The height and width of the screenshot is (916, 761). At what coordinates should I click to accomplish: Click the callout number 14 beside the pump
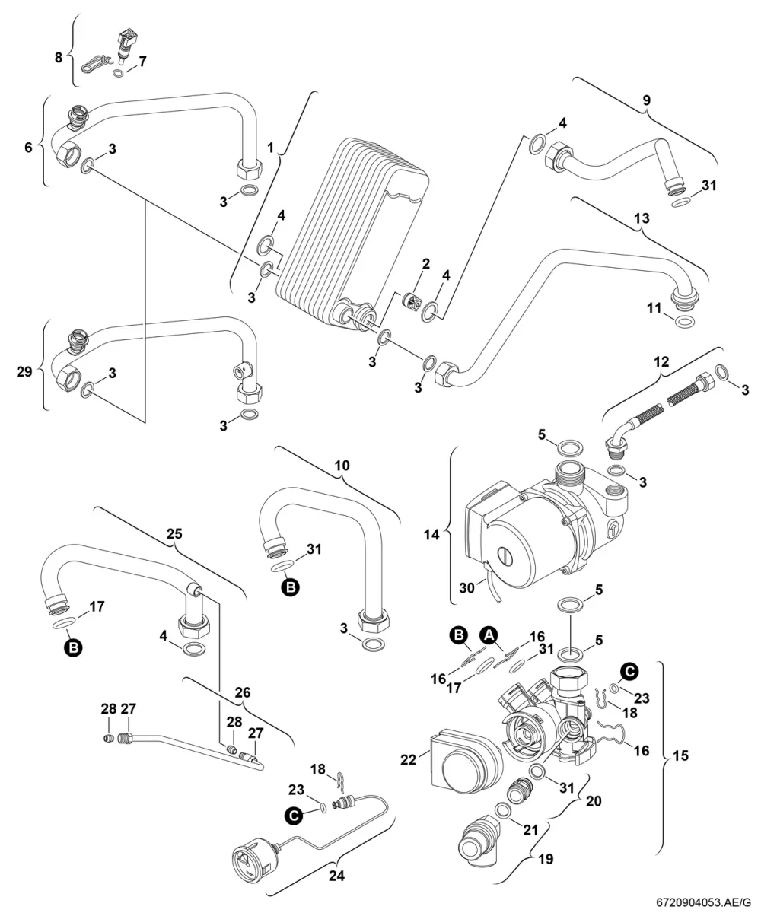(x=431, y=535)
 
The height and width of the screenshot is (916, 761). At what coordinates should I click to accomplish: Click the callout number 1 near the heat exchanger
(x=270, y=148)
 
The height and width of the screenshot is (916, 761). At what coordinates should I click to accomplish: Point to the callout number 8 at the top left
(x=59, y=57)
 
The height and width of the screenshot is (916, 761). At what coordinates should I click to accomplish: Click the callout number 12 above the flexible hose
(x=661, y=361)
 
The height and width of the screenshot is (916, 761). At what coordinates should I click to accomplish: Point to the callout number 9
(x=646, y=100)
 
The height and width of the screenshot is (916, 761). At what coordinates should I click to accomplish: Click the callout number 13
(x=642, y=218)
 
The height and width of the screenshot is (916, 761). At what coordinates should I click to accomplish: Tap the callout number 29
(x=24, y=371)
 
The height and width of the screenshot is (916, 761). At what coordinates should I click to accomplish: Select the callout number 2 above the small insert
(x=425, y=264)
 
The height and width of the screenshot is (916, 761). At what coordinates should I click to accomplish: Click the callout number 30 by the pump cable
(x=467, y=587)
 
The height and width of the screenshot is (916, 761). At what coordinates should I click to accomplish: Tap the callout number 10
(x=342, y=465)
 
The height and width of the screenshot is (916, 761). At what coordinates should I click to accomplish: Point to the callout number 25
(x=174, y=534)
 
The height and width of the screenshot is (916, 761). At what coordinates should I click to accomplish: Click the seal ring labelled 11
(x=684, y=322)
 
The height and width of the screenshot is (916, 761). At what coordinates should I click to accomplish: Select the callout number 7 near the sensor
(x=142, y=62)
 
